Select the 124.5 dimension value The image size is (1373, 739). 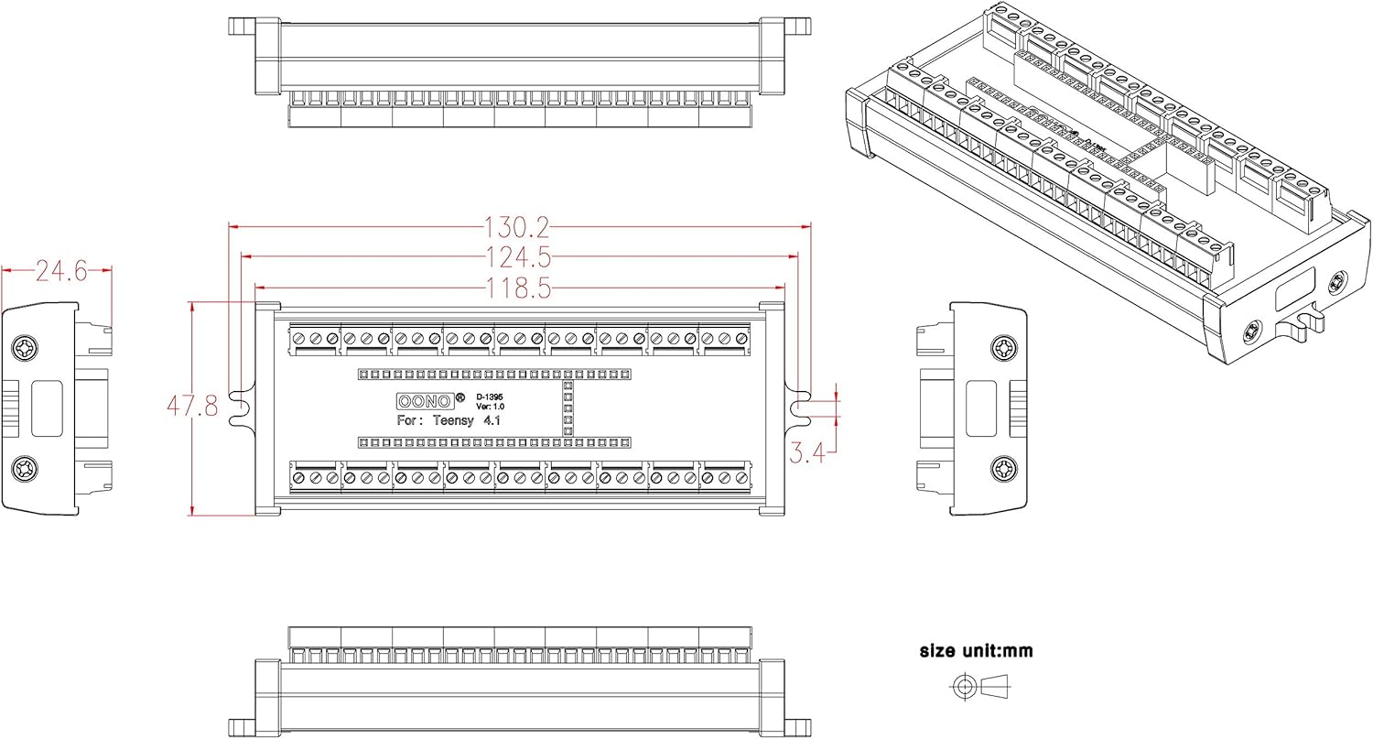pyautogui.click(x=519, y=257)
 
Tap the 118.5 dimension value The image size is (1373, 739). pyautogui.click(x=519, y=288)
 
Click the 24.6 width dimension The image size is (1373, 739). pyautogui.click(x=59, y=270)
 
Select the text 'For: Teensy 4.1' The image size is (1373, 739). pyautogui.click(x=449, y=421)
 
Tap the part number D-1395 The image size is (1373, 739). pyautogui.click(x=489, y=397)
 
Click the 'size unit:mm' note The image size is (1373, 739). pyautogui.click(x=976, y=651)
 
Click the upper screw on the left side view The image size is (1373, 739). pyautogui.click(x=24, y=348)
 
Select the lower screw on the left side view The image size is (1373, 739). pyautogui.click(x=24, y=470)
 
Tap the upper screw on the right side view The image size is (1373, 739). pyautogui.click(x=1004, y=348)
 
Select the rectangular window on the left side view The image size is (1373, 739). pyautogui.click(x=46, y=408)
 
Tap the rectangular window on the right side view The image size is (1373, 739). pyautogui.click(x=982, y=408)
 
